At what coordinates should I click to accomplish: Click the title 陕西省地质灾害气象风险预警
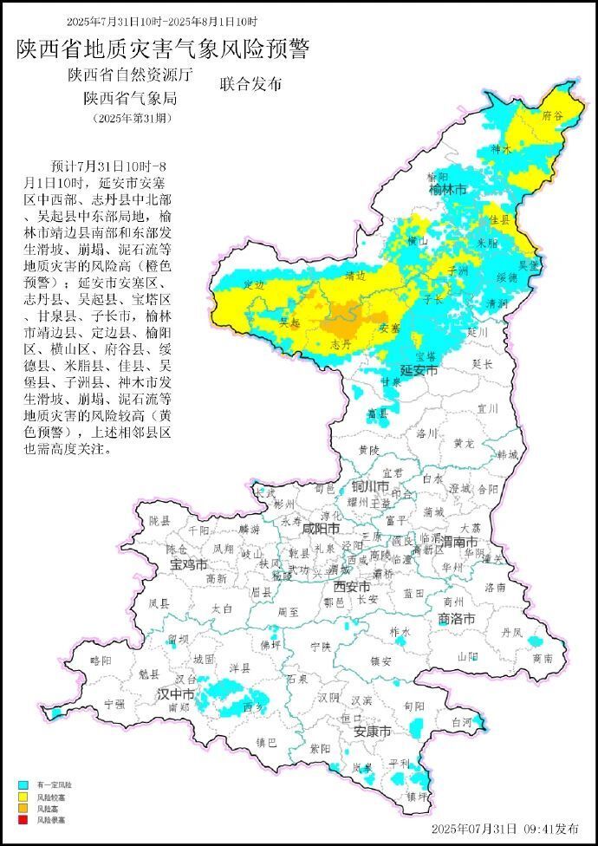[x=162, y=49]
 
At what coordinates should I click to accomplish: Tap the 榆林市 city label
[x=447, y=189]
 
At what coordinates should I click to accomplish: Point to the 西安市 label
[x=352, y=586]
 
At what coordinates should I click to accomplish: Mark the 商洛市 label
[x=456, y=619]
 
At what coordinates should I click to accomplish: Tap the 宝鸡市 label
[x=188, y=564]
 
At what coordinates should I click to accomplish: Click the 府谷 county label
[x=551, y=115]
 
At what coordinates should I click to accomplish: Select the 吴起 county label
[x=290, y=322]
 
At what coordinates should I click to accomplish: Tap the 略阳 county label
[x=101, y=661]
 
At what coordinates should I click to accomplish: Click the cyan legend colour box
[x=23, y=784]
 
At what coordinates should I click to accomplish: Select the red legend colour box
[x=23, y=819]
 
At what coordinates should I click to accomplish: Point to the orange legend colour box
[x=23, y=808]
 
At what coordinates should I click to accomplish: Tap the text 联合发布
[x=250, y=85]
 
